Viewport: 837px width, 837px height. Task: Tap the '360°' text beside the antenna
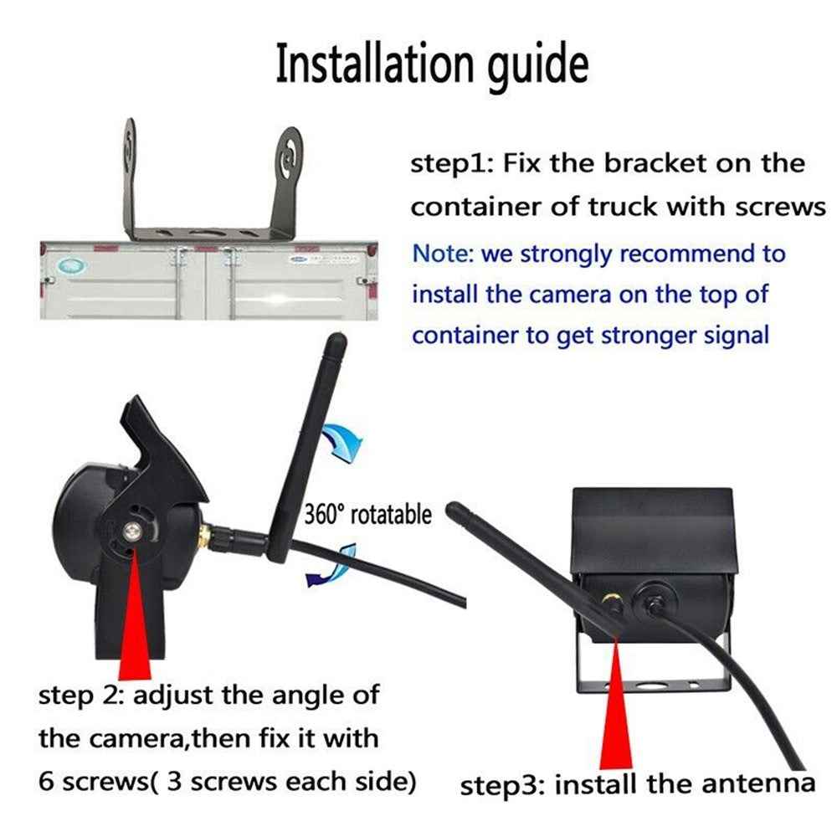click(323, 513)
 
